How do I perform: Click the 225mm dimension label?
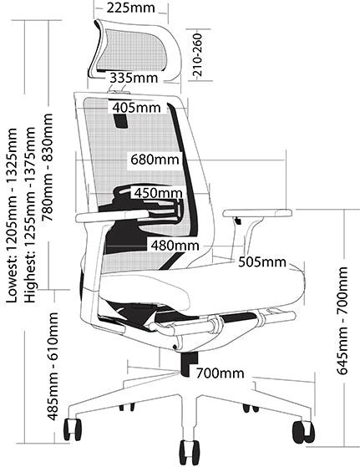[131, 8]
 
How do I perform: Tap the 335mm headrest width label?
[134, 78]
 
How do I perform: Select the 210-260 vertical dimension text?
[197, 54]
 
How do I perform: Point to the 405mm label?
[136, 108]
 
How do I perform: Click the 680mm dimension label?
[155, 160]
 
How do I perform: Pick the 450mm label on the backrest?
[158, 193]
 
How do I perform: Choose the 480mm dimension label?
[175, 246]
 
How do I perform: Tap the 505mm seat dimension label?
[262, 262]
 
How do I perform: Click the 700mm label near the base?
[220, 373]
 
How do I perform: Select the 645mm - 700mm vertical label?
[342, 321]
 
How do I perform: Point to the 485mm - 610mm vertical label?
[53, 366]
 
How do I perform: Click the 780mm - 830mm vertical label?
[48, 167]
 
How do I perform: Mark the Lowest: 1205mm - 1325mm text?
[12, 216]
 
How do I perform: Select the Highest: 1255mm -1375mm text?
[30, 215]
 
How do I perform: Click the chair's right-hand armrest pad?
[257, 213]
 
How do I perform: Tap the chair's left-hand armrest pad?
[112, 216]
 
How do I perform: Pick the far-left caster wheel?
[73, 429]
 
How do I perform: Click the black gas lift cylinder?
[189, 363]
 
